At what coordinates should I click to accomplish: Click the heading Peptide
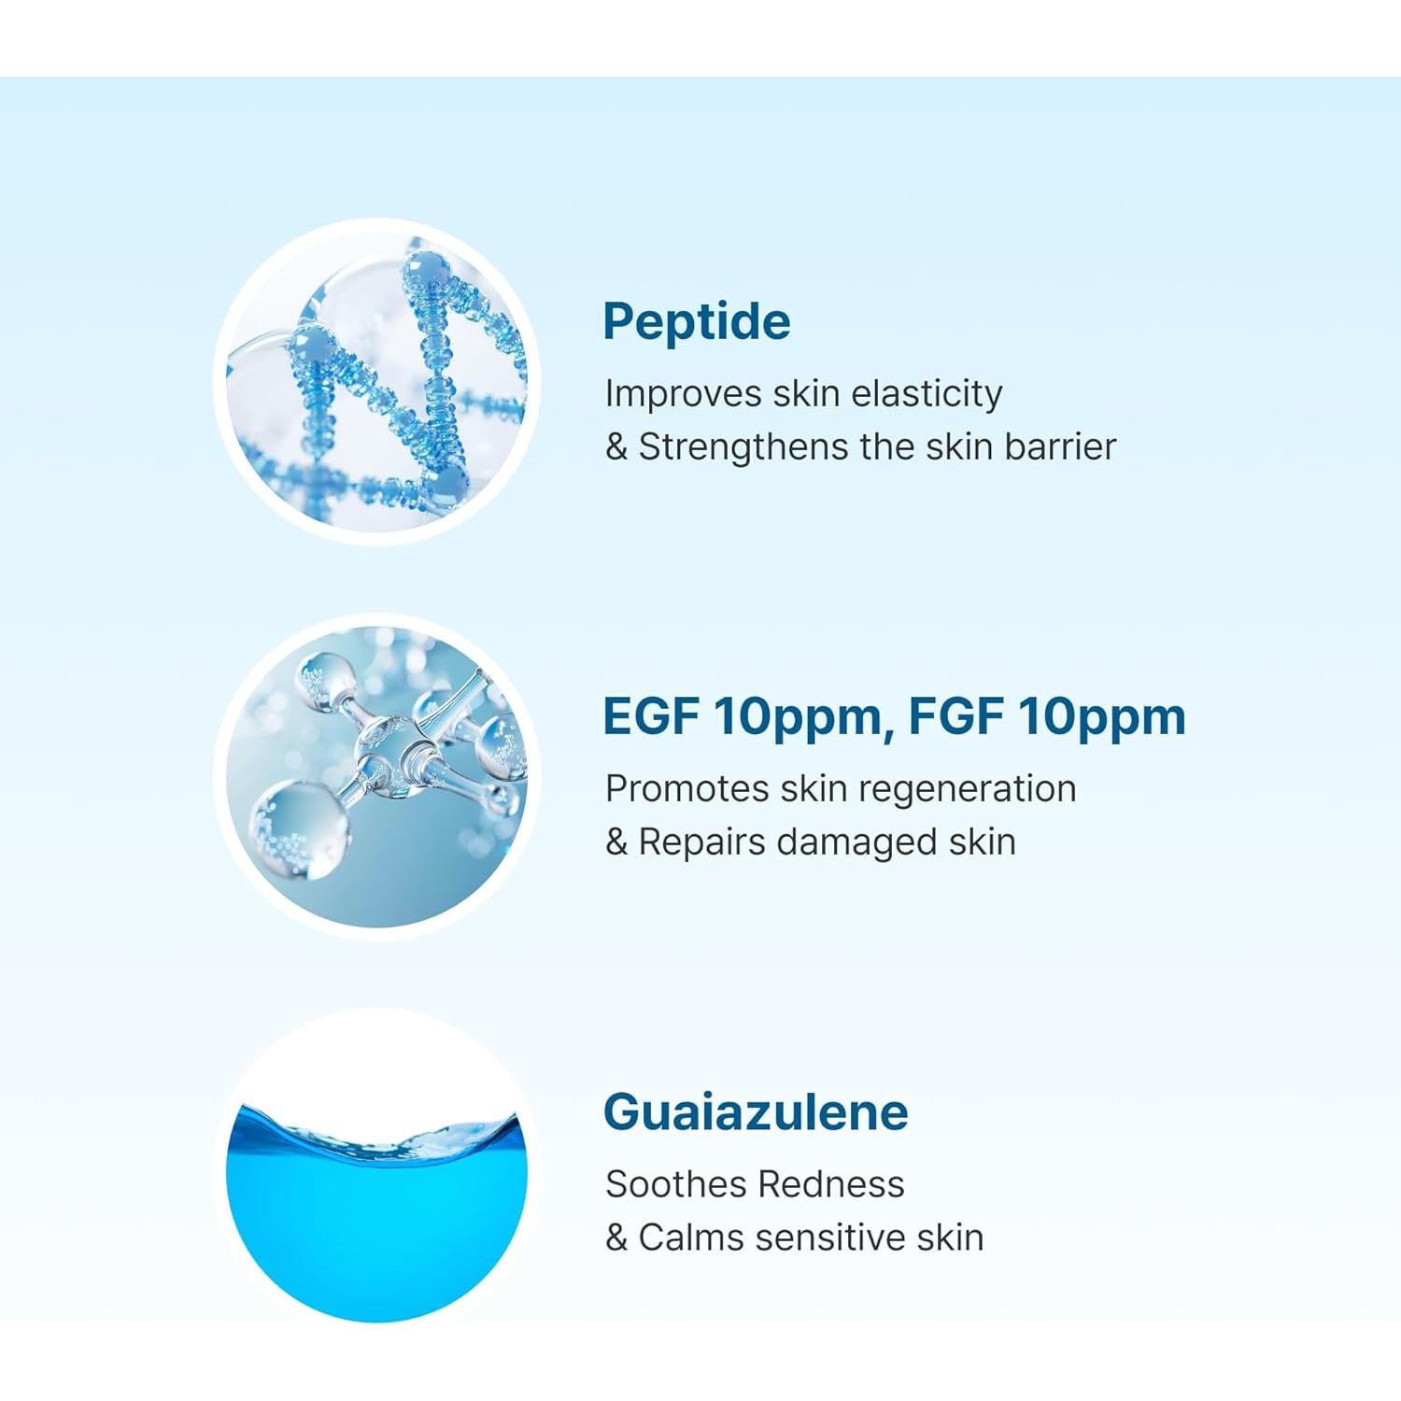(x=696, y=322)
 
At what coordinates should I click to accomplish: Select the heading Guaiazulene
(x=756, y=1112)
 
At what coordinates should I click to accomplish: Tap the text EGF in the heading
(x=650, y=717)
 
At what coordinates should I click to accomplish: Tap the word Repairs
(x=701, y=842)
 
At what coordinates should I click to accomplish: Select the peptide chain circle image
(x=377, y=382)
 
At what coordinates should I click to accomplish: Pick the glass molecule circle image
(x=377, y=777)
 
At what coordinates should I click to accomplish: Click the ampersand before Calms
(x=616, y=1238)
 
